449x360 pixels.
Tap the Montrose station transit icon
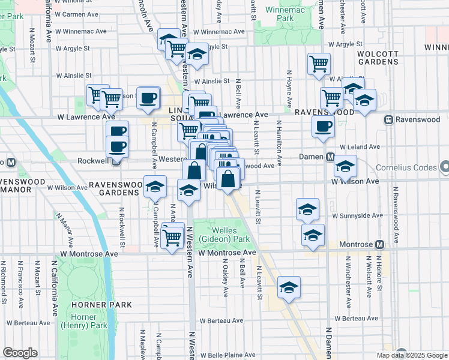click(379, 245)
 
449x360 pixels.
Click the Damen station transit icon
click(330, 157)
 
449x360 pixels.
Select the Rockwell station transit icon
click(116, 161)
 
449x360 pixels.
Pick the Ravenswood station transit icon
click(389, 119)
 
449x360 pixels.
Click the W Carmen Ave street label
click(77, 13)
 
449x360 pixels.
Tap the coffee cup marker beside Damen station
click(323, 126)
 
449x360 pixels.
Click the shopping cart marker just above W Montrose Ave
click(172, 237)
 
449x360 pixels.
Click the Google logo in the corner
click(20, 353)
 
